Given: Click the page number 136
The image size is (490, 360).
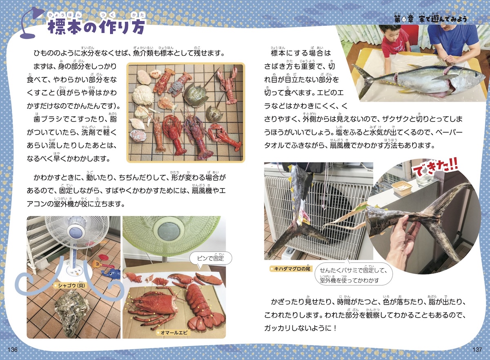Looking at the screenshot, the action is pos(13,349).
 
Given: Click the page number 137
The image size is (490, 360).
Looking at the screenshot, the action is pos(477,349).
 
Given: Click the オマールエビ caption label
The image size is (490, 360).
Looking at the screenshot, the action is pos(173,333).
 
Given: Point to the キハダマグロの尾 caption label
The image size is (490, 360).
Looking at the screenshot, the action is pos(291,269).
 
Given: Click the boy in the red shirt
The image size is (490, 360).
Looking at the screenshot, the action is pos(394,45).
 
